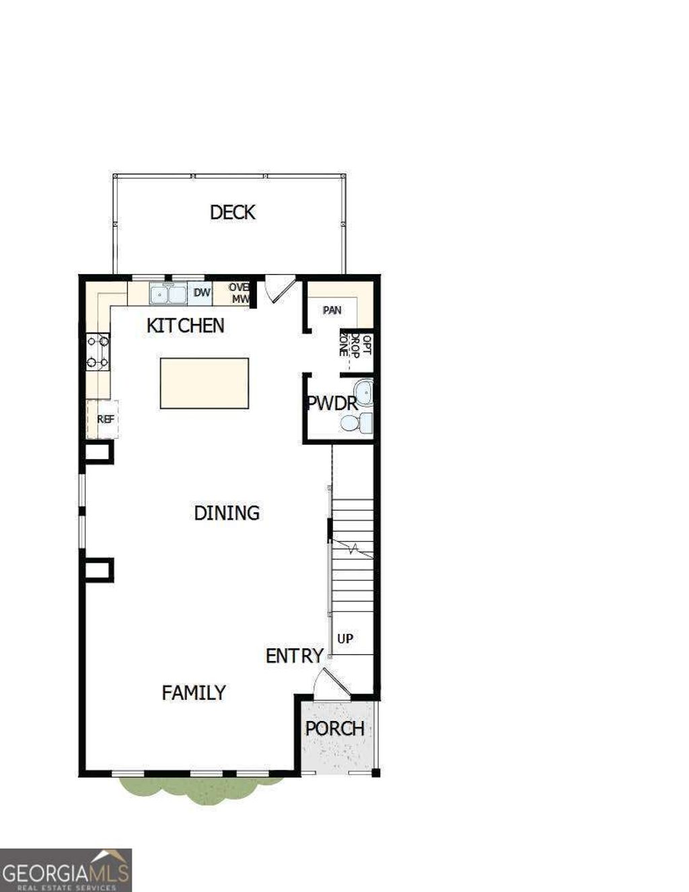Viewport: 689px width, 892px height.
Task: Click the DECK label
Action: (x=232, y=212)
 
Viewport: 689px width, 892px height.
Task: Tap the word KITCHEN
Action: (x=185, y=326)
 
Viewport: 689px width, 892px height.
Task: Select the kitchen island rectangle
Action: (x=204, y=383)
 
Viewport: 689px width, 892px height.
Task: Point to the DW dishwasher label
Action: (x=202, y=293)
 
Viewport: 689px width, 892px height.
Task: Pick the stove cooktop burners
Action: (x=98, y=352)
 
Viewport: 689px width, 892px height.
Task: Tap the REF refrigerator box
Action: (x=105, y=419)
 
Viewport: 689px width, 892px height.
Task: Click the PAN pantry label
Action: (x=332, y=310)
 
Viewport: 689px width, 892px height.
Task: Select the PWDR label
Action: (x=331, y=403)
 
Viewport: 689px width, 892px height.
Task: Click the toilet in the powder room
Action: (x=357, y=423)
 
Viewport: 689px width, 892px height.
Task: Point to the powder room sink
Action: (x=364, y=392)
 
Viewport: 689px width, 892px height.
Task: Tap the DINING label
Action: (x=227, y=513)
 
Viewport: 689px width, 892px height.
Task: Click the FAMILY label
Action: (x=194, y=693)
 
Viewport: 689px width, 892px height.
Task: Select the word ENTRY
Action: (x=294, y=656)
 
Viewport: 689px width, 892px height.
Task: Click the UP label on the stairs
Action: (x=345, y=638)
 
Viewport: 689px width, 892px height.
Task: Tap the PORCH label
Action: (x=334, y=728)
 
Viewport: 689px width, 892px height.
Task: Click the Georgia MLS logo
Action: (x=65, y=870)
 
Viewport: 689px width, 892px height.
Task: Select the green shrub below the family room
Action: (x=198, y=788)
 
